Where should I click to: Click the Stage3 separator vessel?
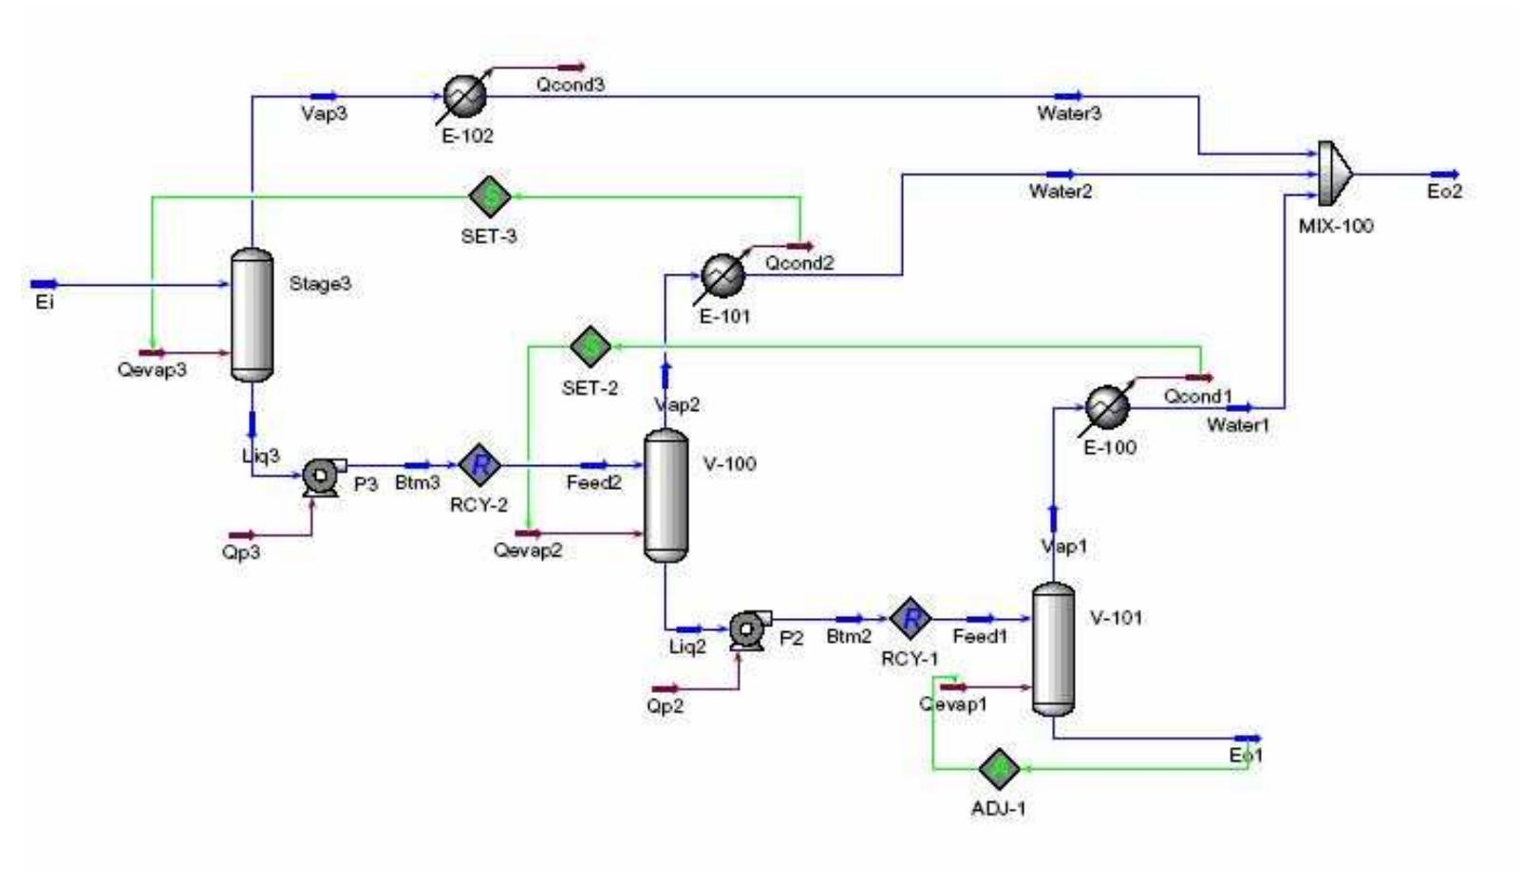click(253, 315)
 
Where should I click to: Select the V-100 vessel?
click(666, 495)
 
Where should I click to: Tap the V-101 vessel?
click(1054, 649)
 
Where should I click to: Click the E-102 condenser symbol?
click(465, 95)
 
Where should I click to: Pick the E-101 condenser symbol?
click(723, 276)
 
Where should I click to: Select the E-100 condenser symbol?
click(1108, 408)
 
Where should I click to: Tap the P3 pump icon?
click(322, 477)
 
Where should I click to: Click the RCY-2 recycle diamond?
click(480, 465)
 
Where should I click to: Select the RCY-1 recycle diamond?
click(911, 619)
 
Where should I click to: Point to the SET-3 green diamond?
click(490, 197)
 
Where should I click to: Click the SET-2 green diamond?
click(591, 346)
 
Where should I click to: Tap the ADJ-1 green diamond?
click(998, 769)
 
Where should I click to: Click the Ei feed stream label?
click(45, 304)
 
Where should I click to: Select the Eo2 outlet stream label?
click(1444, 192)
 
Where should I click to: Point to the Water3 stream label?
click(1069, 114)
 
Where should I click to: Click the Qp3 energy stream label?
click(241, 552)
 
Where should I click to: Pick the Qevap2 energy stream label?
click(528, 551)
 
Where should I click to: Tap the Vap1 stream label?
click(1064, 547)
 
